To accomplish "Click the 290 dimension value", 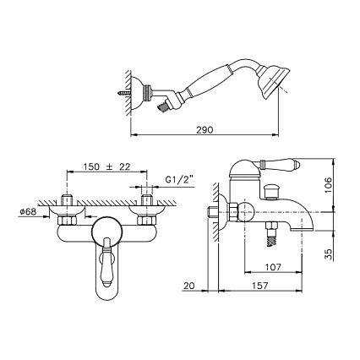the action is pos(205,130).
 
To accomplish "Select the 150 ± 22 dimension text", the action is pos(106,166).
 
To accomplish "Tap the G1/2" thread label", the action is pos(179,180).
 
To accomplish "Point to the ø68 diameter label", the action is pos(28,212).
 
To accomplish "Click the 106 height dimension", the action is pos(329,185).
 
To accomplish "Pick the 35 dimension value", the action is pos(329,254).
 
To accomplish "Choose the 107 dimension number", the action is pos(273,267).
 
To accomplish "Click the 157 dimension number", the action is pos(259,286).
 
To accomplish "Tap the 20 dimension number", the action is pos(189,286).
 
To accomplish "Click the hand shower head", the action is pos(272,82).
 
